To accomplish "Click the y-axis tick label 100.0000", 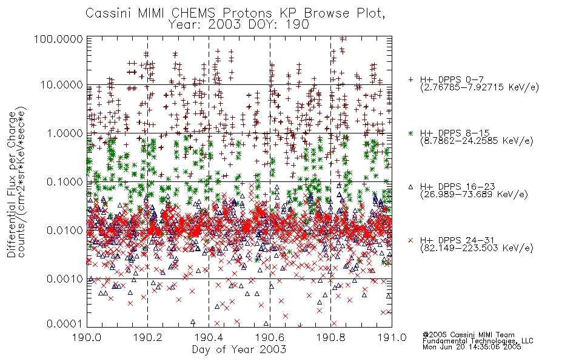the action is [58, 39].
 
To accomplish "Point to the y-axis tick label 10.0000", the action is [61, 85].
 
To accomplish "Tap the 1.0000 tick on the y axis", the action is [65, 133].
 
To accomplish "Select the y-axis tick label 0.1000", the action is [65, 181].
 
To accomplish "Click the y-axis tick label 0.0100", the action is [65, 231].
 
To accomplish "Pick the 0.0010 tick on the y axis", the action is [65, 279].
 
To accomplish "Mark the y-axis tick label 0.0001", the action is [65, 324].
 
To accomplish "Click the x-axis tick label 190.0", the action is [87, 337].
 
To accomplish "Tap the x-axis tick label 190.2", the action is [148, 337].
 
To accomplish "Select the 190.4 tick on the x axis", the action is [209, 337].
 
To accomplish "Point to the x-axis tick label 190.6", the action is [270, 337].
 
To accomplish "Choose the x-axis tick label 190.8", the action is [330, 337].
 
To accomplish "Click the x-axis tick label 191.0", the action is [392, 337].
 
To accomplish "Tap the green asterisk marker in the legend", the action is [410, 133].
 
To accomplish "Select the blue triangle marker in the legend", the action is [410, 187].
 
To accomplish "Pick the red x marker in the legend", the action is [410, 240].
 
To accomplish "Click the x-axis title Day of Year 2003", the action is [239, 349].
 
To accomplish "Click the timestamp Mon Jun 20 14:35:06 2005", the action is [472, 346].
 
